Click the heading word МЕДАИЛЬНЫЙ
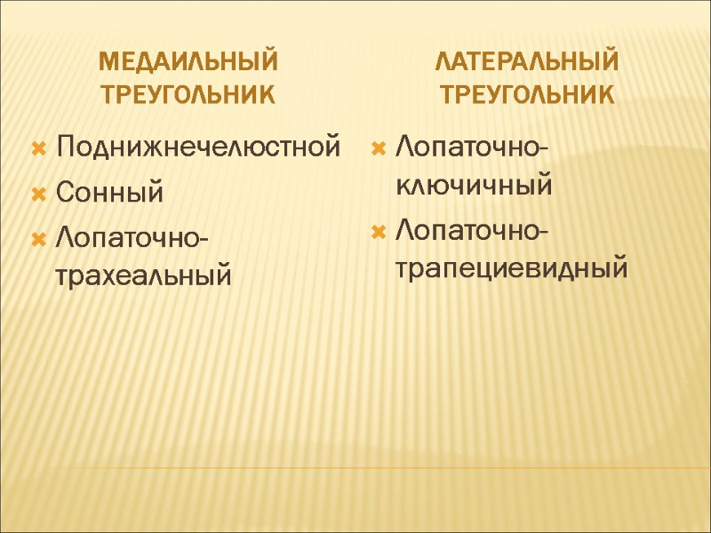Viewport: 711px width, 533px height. click(x=188, y=62)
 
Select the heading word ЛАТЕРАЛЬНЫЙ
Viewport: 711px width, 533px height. click(x=527, y=62)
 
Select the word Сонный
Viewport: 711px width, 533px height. click(x=109, y=192)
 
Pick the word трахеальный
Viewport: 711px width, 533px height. click(x=143, y=274)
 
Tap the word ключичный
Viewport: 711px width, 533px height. click(x=473, y=186)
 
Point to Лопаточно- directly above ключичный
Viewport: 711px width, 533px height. click(x=471, y=144)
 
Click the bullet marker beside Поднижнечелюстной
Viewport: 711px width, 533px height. click(x=39, y=146)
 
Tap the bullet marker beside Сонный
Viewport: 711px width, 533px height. click(x=39, y=191)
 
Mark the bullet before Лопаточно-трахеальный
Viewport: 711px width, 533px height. click(x=39, y=237)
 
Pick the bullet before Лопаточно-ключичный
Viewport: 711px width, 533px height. click(x=378, y=145)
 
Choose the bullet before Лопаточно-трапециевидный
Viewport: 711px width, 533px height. click(x=378, y=232)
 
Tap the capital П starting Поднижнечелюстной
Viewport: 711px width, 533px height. click(x=64, y=146)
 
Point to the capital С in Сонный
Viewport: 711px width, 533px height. click(x=64, y=191)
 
